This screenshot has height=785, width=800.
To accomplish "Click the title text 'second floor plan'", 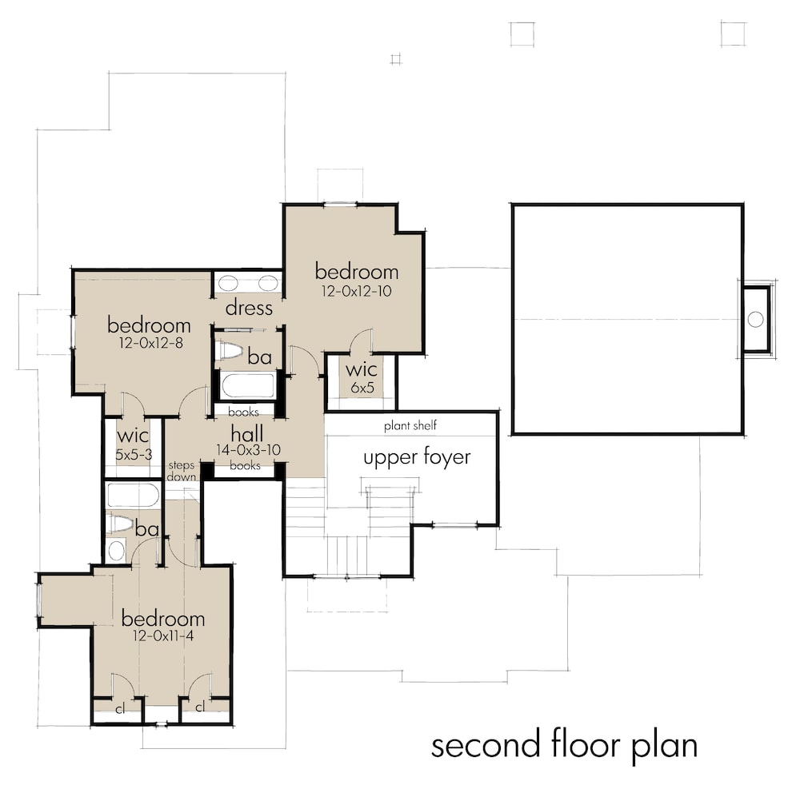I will coord(564,745).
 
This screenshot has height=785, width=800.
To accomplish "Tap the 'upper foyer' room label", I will coord(417,458).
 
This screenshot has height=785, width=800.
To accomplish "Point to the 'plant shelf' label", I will coord(410,425).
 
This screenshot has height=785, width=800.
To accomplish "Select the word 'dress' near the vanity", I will coord(249,308).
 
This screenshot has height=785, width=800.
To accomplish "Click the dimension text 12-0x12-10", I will coord(356,292).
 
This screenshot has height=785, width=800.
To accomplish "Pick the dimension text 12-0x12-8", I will coord(150,344).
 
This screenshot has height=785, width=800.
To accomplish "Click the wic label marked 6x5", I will coord(362,387).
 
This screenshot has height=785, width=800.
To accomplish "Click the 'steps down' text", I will coord(181,470).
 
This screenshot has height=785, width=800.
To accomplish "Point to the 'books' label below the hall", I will coord(244,465).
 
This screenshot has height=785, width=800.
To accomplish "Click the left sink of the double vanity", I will coord(228,282).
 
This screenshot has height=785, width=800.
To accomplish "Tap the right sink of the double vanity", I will coord(268,282).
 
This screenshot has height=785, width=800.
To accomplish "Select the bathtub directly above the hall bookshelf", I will coord(248,385).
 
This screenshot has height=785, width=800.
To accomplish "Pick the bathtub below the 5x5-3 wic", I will coord(133,496).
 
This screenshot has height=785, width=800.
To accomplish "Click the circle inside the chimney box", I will coord(755,319).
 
